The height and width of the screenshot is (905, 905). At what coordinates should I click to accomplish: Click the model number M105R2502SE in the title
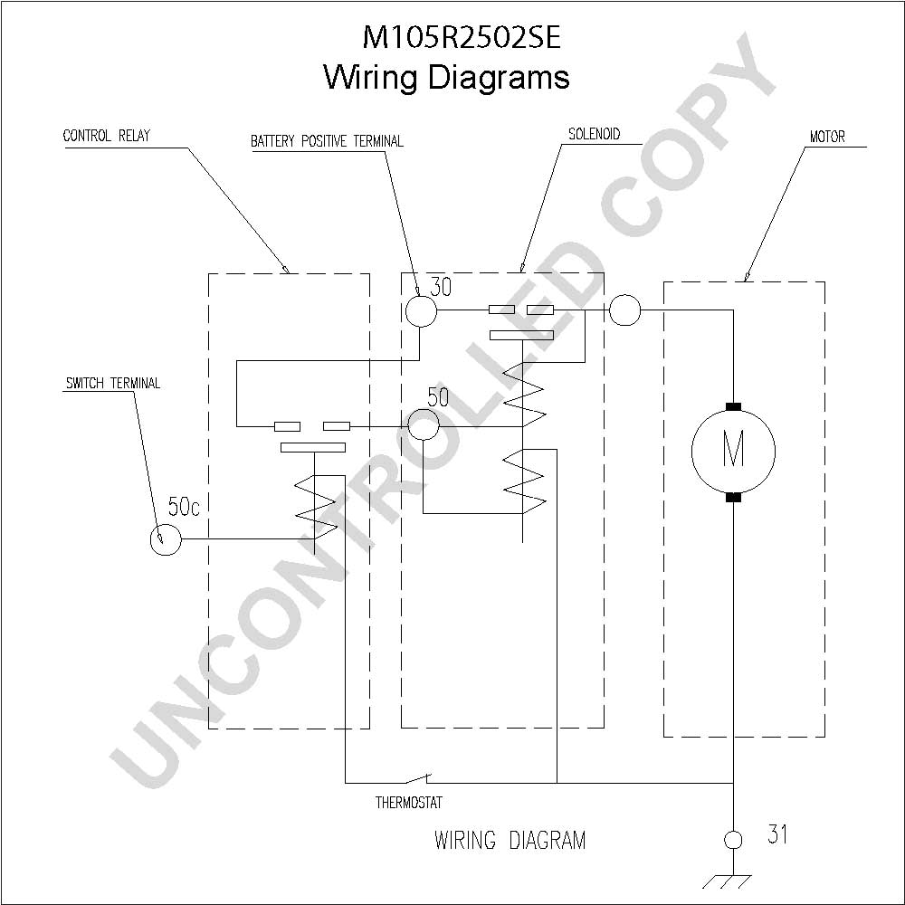(462, 38)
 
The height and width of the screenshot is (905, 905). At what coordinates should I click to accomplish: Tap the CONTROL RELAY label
(106, 136)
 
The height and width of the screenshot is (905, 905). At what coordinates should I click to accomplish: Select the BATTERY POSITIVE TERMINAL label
(327, 141)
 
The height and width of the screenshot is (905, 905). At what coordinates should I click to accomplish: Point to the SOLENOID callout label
(594, 134)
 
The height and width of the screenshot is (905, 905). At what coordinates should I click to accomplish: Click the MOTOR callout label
(827, 137)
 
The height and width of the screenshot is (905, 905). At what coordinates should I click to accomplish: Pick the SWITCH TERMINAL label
(112, 383)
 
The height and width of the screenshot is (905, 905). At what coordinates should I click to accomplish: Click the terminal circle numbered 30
(421, 311)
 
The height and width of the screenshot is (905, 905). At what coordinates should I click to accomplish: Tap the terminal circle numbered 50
(424, 424)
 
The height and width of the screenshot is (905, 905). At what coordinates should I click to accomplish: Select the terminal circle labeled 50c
(166, 539)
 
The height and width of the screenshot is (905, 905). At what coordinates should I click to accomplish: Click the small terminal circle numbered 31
(733, 840)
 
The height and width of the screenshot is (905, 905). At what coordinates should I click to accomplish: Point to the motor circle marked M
(733, 452)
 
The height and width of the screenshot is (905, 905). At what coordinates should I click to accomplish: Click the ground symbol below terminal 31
(728, 881)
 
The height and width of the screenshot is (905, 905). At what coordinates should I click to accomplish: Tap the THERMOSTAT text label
(409, 802)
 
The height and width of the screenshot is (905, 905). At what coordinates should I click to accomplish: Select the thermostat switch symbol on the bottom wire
(417, 778)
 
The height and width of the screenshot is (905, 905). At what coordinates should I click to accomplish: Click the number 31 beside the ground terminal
(777, 834)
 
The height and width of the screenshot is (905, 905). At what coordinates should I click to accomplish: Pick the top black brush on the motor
(733, 407)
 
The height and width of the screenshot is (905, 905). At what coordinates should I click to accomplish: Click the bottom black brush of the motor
(733, 497)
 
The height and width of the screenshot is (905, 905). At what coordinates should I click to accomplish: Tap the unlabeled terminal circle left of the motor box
(625, 310)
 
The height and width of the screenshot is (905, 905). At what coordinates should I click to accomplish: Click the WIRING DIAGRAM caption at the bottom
(510, 840)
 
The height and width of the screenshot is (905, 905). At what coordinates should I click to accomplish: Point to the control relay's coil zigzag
(316, 508)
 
